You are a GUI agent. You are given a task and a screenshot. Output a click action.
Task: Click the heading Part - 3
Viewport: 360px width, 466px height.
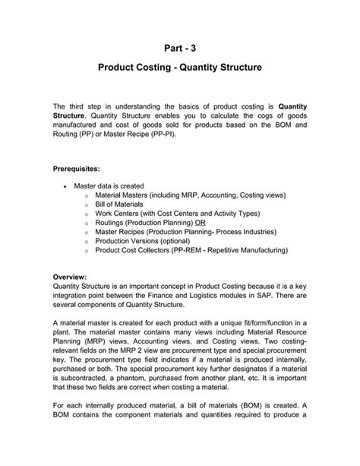[180, 46]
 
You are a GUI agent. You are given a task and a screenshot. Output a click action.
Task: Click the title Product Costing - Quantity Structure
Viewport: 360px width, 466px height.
[180, 68]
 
